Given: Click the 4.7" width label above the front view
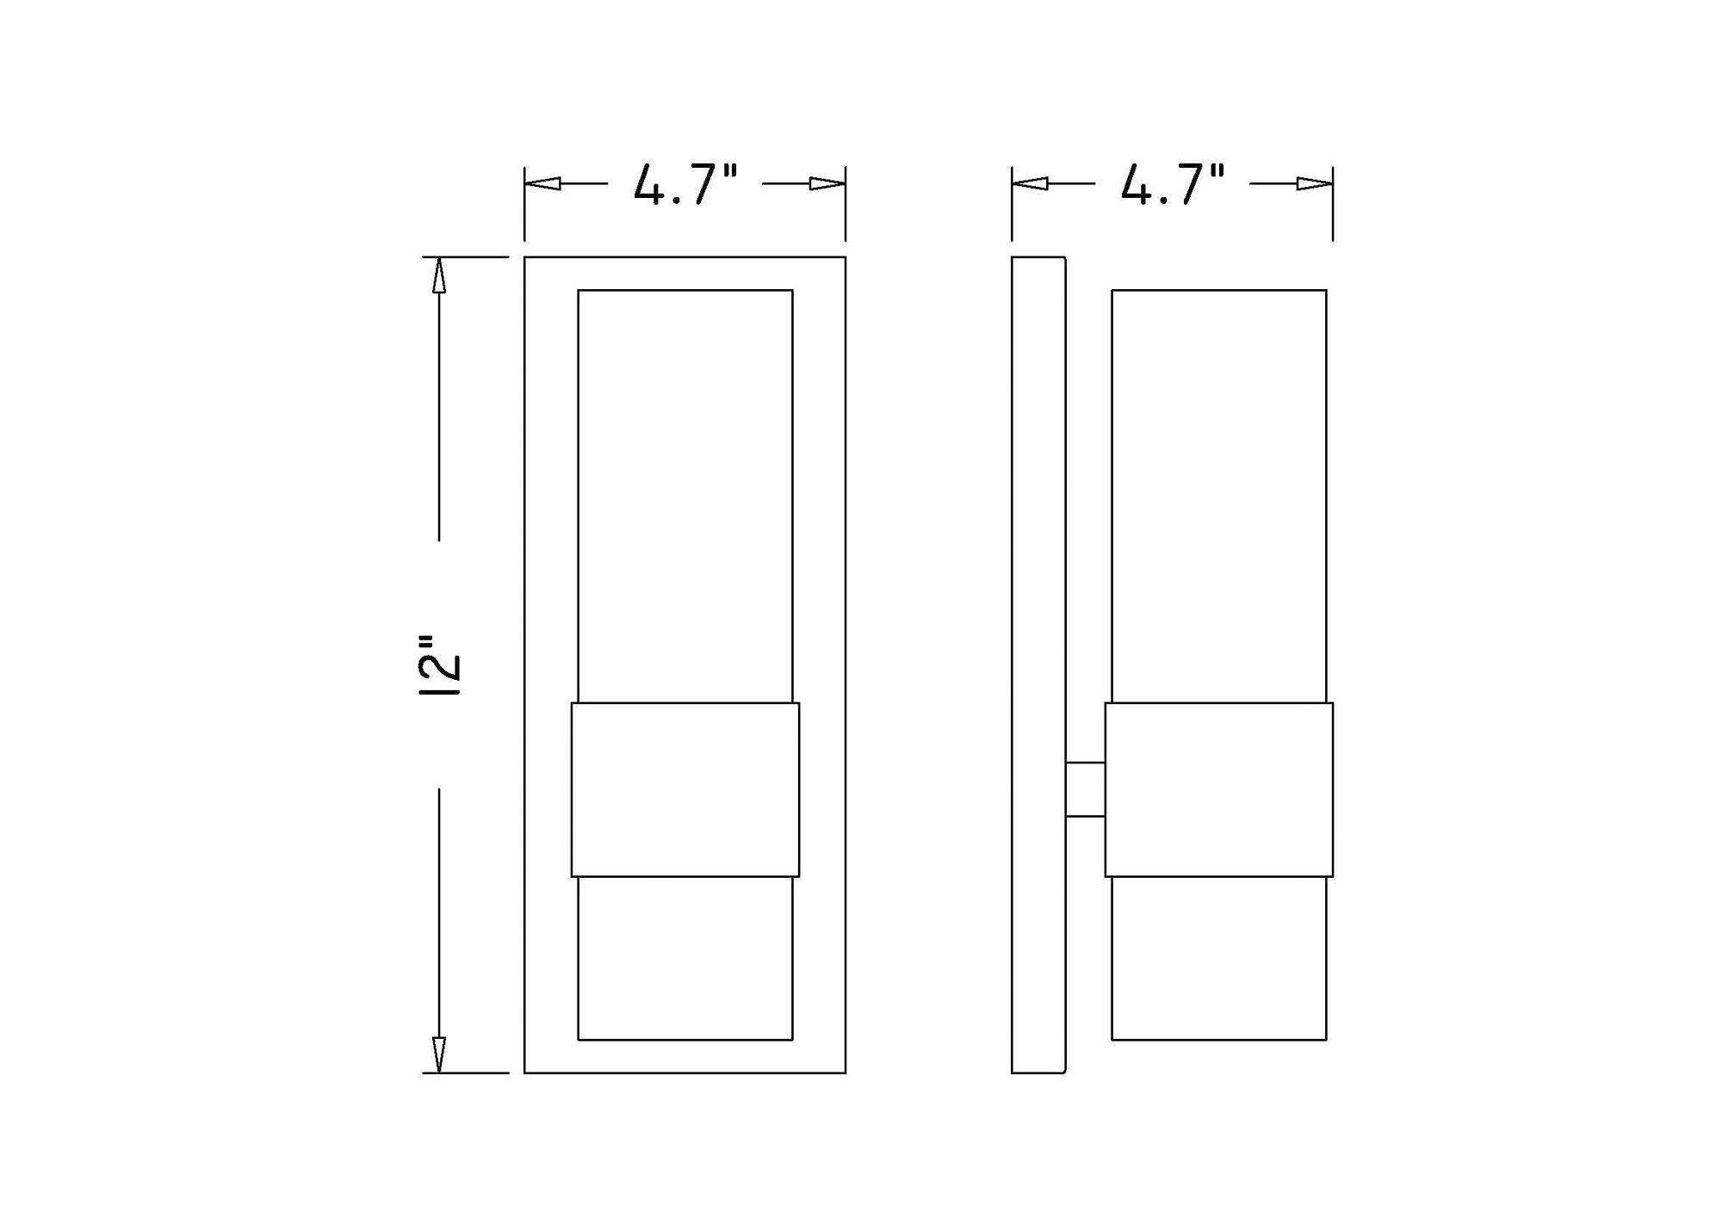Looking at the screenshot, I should pos(685,185).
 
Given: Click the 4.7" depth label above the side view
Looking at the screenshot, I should pos(1172,185).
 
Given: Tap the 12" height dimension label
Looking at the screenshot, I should pos(441,665).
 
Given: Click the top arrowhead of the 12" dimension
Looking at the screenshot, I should pos(439,275).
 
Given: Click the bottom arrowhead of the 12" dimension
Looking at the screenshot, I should pos(439,1054).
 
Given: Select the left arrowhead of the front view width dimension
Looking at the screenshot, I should pos(542,183).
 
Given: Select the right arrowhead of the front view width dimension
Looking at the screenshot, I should pos(827,183).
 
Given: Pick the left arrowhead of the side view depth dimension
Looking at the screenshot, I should pos(1030,183).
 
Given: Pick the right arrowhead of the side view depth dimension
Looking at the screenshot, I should pos(1315,183).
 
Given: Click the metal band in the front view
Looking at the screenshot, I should pos(685,789).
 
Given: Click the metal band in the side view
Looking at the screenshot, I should pos(1218,789).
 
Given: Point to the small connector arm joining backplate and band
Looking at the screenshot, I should pos(1085,789).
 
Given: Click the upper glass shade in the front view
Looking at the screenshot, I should pos(685,495).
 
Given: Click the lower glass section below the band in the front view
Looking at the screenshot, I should pos(685,958).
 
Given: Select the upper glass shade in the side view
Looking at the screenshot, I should pos(1218,495).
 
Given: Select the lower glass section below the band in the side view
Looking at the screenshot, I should pos(1218,958).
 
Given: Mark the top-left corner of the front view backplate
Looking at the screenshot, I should pos(525,257).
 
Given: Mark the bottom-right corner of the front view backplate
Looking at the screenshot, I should pos(846,1072).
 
